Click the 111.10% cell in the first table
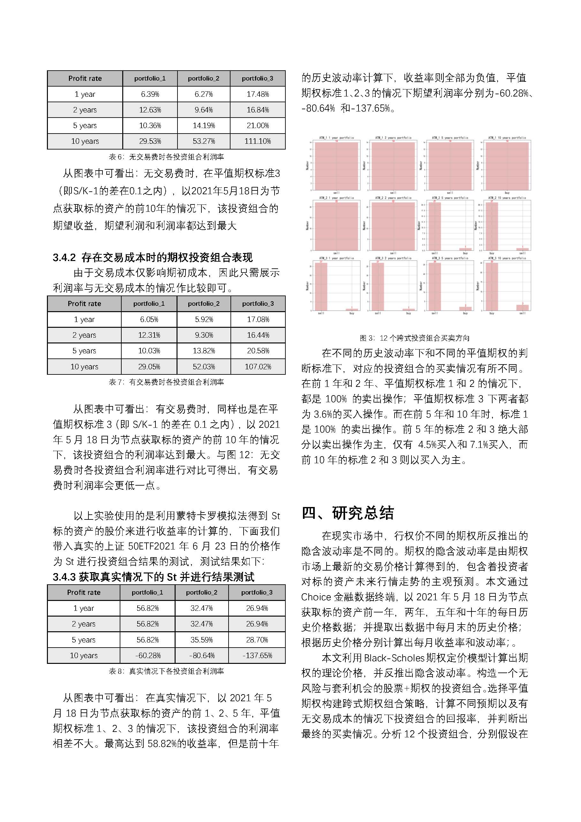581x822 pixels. [x=257, y=141]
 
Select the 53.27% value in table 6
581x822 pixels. [x=204, y=141]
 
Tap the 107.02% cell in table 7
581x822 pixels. [x=258, y=367]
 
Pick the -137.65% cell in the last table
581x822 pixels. [x=257, y=656]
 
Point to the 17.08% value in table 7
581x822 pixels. [x=258, y=319]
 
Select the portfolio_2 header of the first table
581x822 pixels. [x=204, y=78]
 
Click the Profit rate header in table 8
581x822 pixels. [x=84, y=593]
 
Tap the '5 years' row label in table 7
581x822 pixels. [x=84, y=351]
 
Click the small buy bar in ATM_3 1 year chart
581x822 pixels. [x=352, y=309]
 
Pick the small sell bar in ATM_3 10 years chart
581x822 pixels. [x=522, y=308]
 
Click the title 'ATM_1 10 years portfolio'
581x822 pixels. [x=507, y=138]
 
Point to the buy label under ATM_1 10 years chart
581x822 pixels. [x=507, y=193]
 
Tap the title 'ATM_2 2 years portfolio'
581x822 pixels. [x=393, y=198]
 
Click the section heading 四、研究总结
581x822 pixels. [x=347, y=513]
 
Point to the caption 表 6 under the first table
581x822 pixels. [x=166, y=157]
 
